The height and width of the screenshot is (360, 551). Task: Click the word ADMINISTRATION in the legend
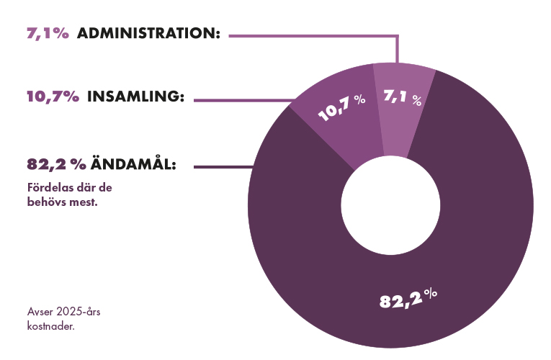tap(148, 34)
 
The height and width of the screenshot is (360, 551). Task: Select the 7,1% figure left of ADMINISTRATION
tap(48, 34)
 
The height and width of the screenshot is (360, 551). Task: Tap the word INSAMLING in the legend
tap(135, 97)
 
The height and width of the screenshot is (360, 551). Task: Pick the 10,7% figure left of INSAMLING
tap(53, 97)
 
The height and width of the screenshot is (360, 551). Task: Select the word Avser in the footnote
tap(39, 312)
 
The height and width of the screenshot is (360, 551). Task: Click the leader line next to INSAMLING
tap(245, 99)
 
